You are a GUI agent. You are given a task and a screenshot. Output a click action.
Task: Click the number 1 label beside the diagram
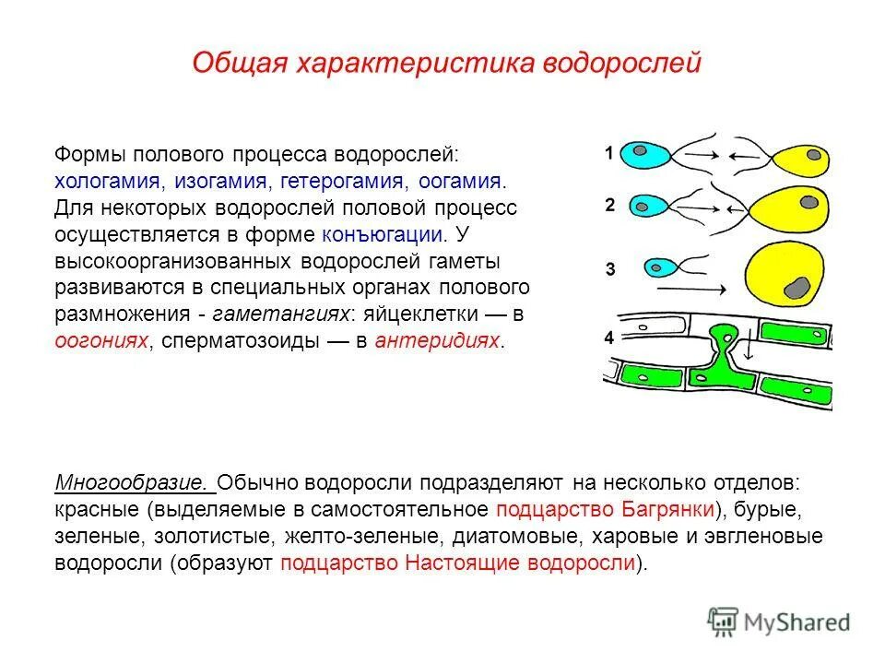point(609,154)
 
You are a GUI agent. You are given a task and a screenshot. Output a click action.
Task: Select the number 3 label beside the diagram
point(609,269)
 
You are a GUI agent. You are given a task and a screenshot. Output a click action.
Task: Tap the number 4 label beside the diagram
point(609,338)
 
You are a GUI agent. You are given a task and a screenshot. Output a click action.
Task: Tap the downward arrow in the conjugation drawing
point(749,351)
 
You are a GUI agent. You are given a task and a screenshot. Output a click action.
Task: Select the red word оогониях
point(100,341)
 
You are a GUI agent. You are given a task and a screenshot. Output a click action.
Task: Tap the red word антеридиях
point(440,341)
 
